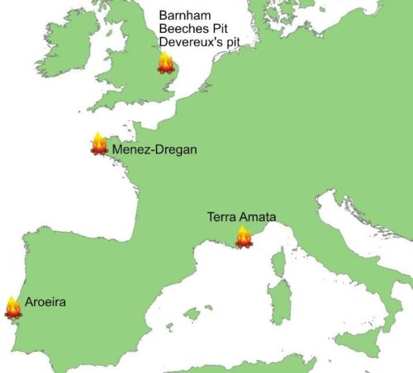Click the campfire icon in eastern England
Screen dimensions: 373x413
click(165, 64)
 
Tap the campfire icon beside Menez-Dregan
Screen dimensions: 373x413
click(99, 145)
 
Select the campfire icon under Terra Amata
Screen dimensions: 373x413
click(244, 238)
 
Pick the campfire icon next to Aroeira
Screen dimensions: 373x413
click(12, 307)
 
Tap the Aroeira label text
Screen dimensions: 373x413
click(45, 303)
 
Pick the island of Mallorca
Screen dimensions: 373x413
click(192, 314)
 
